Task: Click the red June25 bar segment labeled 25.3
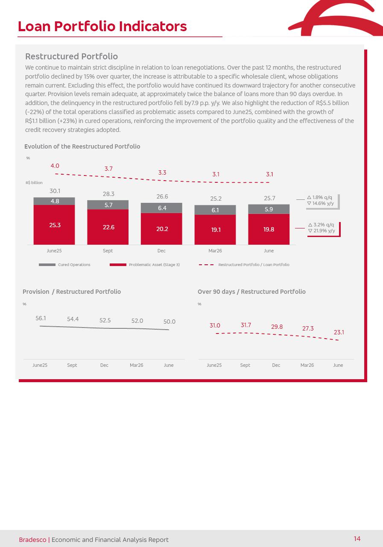point(54,225)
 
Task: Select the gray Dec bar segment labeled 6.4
point(161,208)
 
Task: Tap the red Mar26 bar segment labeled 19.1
point(215,230)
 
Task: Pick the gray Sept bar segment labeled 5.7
point(108,205)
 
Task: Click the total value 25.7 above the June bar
point(269,198)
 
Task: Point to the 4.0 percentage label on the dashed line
point(55,166)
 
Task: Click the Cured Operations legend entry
point(64,265)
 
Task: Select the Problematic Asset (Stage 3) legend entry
point(144,265)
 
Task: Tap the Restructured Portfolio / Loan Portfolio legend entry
point(244,265)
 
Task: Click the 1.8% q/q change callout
point(319,197)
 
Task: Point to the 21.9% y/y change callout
point(322,231)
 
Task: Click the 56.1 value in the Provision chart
point(41,318)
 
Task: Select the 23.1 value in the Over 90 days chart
point(339,332)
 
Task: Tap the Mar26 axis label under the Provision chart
point(137,365)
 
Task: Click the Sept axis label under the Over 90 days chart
point(245,365)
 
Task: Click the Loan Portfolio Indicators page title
point(102,26)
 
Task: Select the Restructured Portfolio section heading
point(72,56)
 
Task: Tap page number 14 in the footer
point(357,538)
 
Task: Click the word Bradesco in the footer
point(33,539)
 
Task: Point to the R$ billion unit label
point(34,183)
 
